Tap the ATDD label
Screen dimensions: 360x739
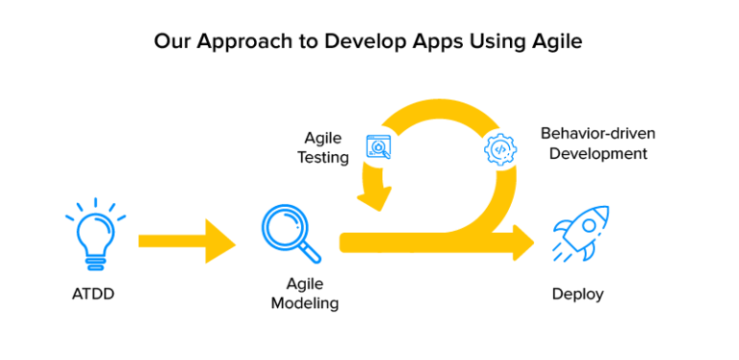point(94,294)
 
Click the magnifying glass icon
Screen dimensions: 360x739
point(290,233)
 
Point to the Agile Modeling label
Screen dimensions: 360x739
point(304,294)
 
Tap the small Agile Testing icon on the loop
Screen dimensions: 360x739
point(379,147)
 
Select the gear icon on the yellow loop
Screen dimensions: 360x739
point(500,150)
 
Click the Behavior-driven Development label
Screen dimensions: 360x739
point(598,142)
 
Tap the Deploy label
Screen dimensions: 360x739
point(577,294)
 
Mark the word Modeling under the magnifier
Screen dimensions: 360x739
point(304,303)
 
